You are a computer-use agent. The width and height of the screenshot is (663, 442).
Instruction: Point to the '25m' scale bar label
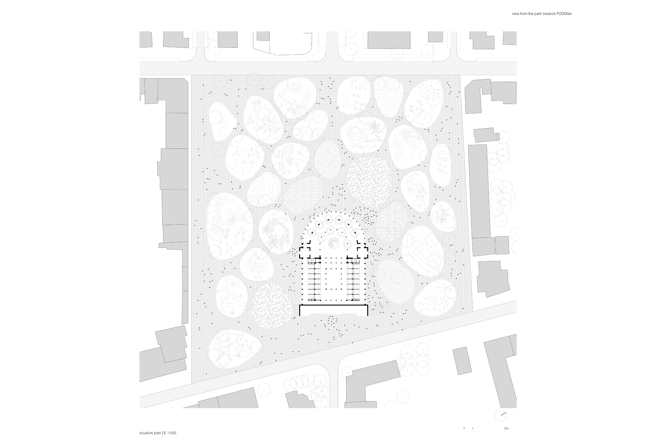pos(506,428)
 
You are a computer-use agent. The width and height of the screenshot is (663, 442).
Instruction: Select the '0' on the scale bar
pos(464,428)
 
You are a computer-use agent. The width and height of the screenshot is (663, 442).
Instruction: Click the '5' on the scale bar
pos(473,428)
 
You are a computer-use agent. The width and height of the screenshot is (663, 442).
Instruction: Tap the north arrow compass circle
pos(501,415)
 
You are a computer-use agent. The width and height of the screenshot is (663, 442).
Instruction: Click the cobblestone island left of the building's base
pos(272,306)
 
